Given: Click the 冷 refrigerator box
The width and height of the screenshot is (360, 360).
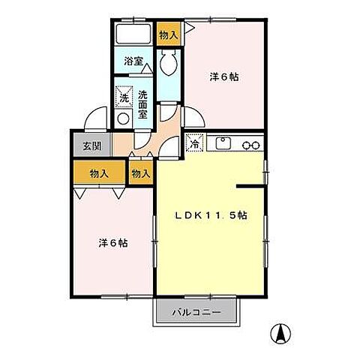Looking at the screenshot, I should (x=194, y=144).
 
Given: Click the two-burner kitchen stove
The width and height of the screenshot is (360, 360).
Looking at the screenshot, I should (x=250, y=142).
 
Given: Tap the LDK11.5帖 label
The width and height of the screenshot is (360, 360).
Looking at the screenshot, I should (x=211, y=214).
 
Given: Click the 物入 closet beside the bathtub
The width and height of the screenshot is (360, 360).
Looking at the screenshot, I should (x=168, y=34).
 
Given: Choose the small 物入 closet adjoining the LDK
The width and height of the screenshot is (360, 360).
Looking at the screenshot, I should (x=140, y=173).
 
